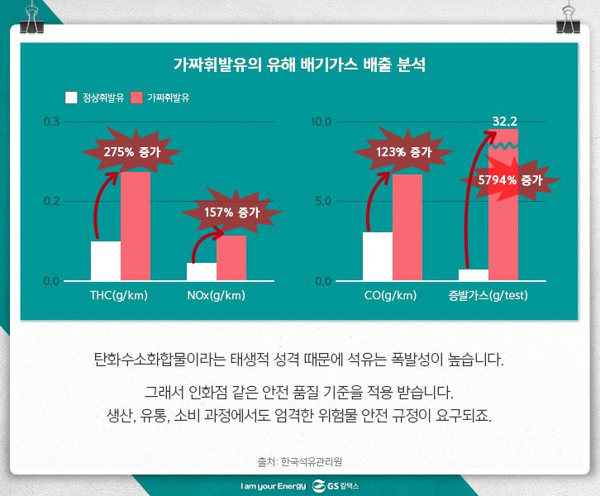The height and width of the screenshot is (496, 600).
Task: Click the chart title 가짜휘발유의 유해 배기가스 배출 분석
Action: click(x=299, y=64)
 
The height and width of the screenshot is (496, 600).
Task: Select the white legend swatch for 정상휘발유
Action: click(x=71, y=98)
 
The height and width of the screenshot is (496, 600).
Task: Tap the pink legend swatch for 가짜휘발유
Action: click(x=137, y=98)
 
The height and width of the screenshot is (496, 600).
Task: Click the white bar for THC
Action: click(x=106, y=260)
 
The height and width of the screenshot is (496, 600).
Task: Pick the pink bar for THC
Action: click(x=136, y=227)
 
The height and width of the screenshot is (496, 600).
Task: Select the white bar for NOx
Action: click(x=202, y=271)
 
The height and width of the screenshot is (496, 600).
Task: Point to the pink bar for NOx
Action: click(x=231, y=258)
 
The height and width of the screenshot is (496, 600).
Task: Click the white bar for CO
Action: click(x=378, y=256)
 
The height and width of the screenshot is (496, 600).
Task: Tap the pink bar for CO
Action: click(x=407, y=227)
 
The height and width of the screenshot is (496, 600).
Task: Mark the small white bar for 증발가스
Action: click(x=474, y=274)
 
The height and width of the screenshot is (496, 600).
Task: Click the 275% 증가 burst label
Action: click(x=131, y=151)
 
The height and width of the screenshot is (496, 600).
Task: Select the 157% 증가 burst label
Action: click(x=231, y=212)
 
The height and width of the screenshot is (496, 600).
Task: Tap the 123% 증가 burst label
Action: click(x=403, y=152)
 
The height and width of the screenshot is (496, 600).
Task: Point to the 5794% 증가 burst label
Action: click(x=509, y=179)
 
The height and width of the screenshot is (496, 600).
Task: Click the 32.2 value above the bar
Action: click(x=504, y=122)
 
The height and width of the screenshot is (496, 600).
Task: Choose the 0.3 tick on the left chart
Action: click(x=51, y=122)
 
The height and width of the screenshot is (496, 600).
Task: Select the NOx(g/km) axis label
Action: click(x=217, y=295)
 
